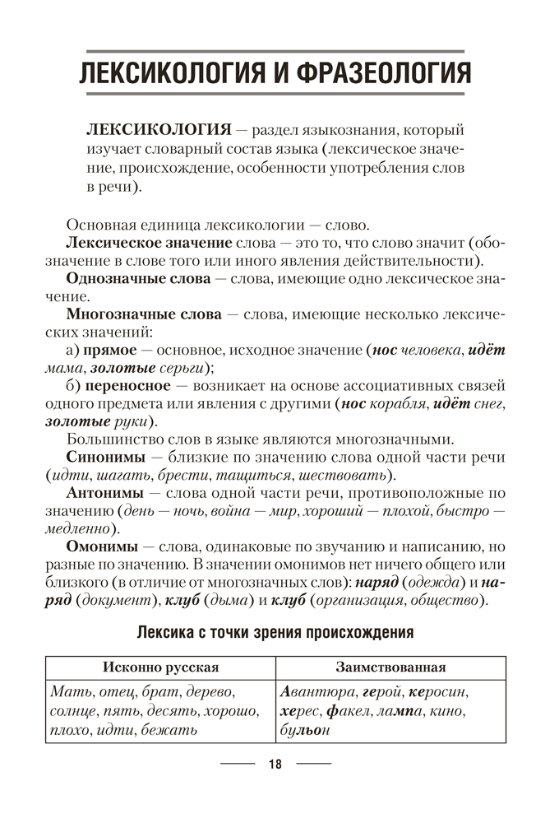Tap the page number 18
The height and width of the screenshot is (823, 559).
click(x=275, y=765)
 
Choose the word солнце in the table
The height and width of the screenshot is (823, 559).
click(x=74, y=710)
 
